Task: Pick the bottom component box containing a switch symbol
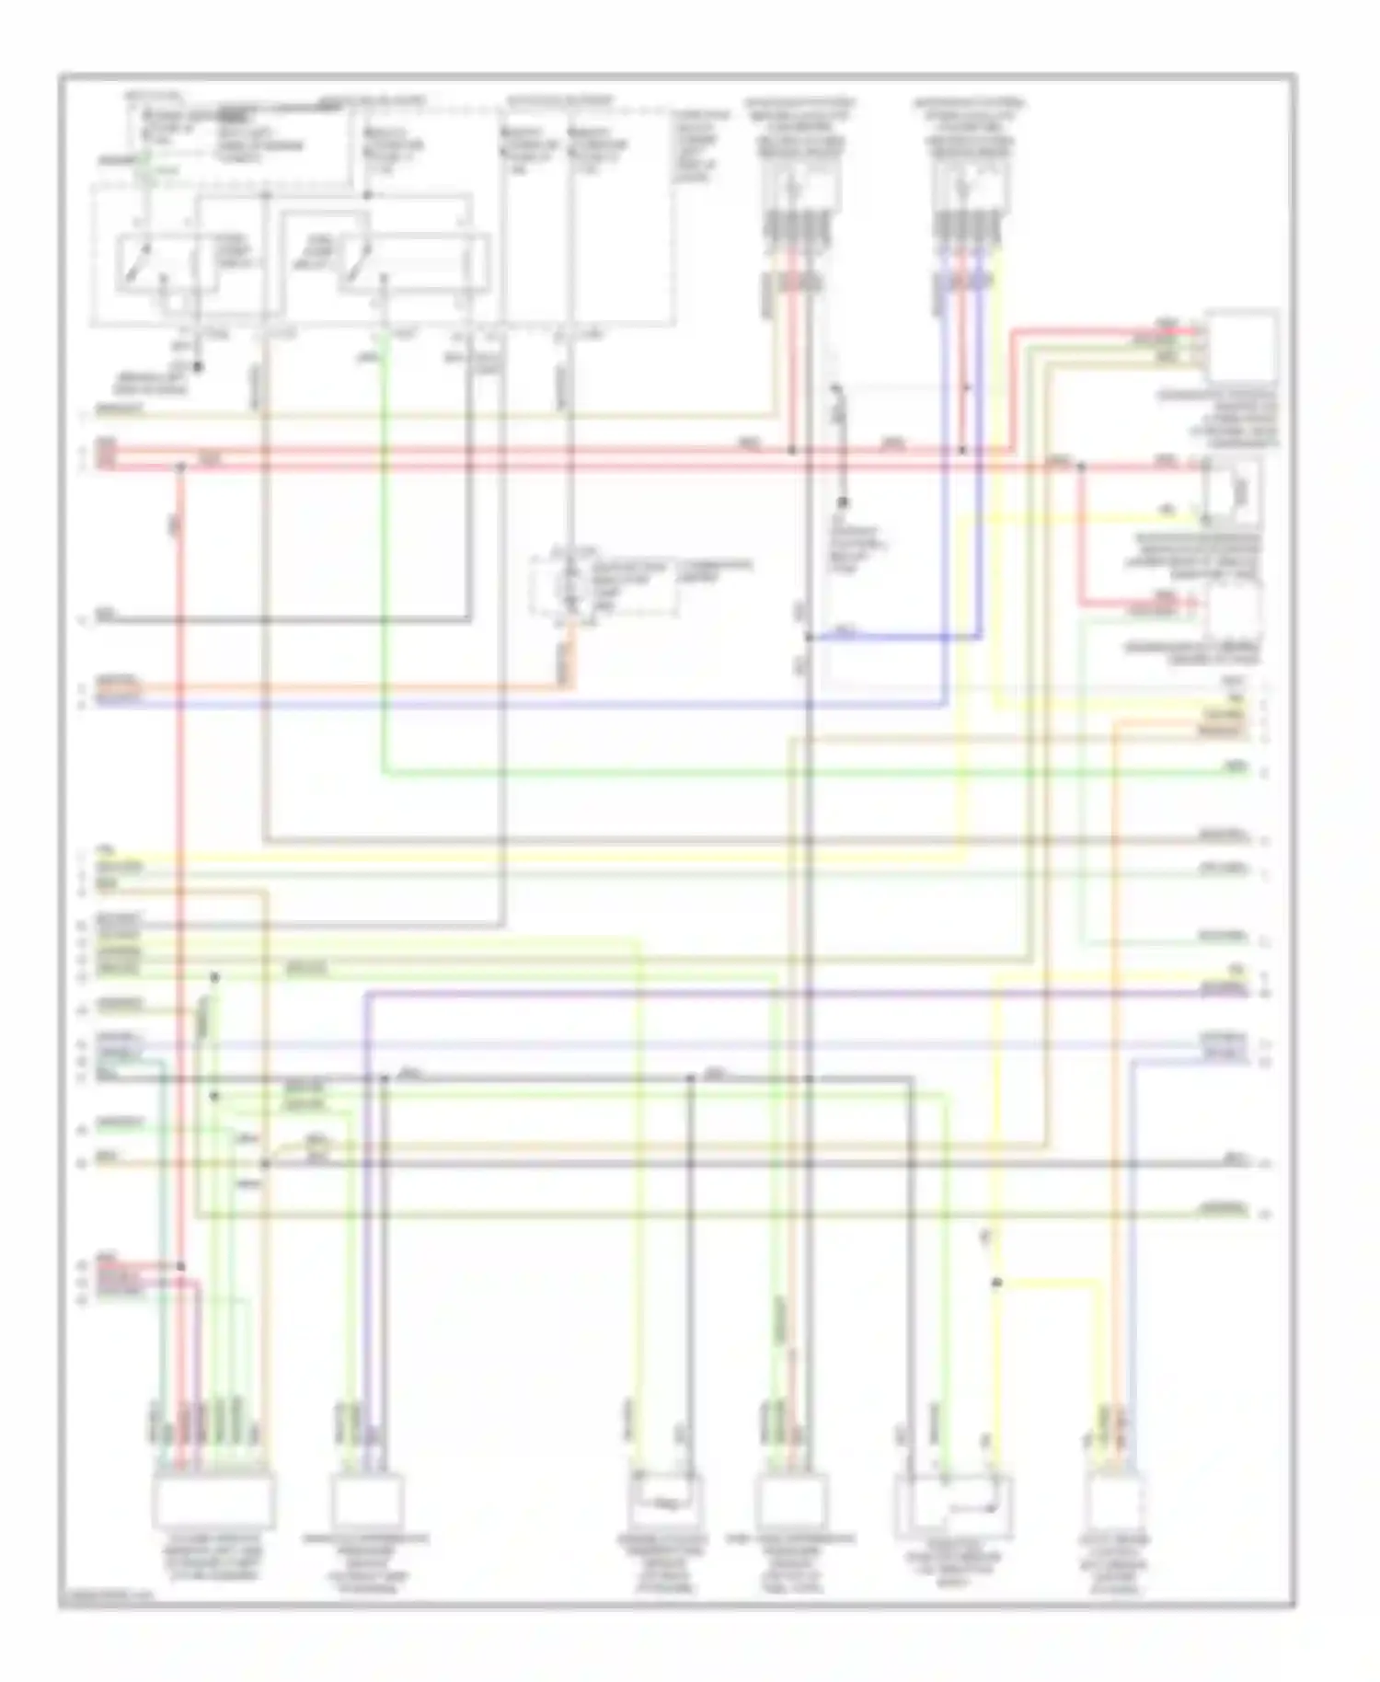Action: pos(953,1505)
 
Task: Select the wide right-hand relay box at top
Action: pos(413,264)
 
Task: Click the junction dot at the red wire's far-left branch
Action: pos(180,467)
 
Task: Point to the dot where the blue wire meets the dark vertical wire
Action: pos(809,637)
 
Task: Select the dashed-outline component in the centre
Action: pos(603,586)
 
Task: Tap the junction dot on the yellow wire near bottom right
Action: pos(996,1282)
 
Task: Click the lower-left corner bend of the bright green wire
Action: pos(383,772)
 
